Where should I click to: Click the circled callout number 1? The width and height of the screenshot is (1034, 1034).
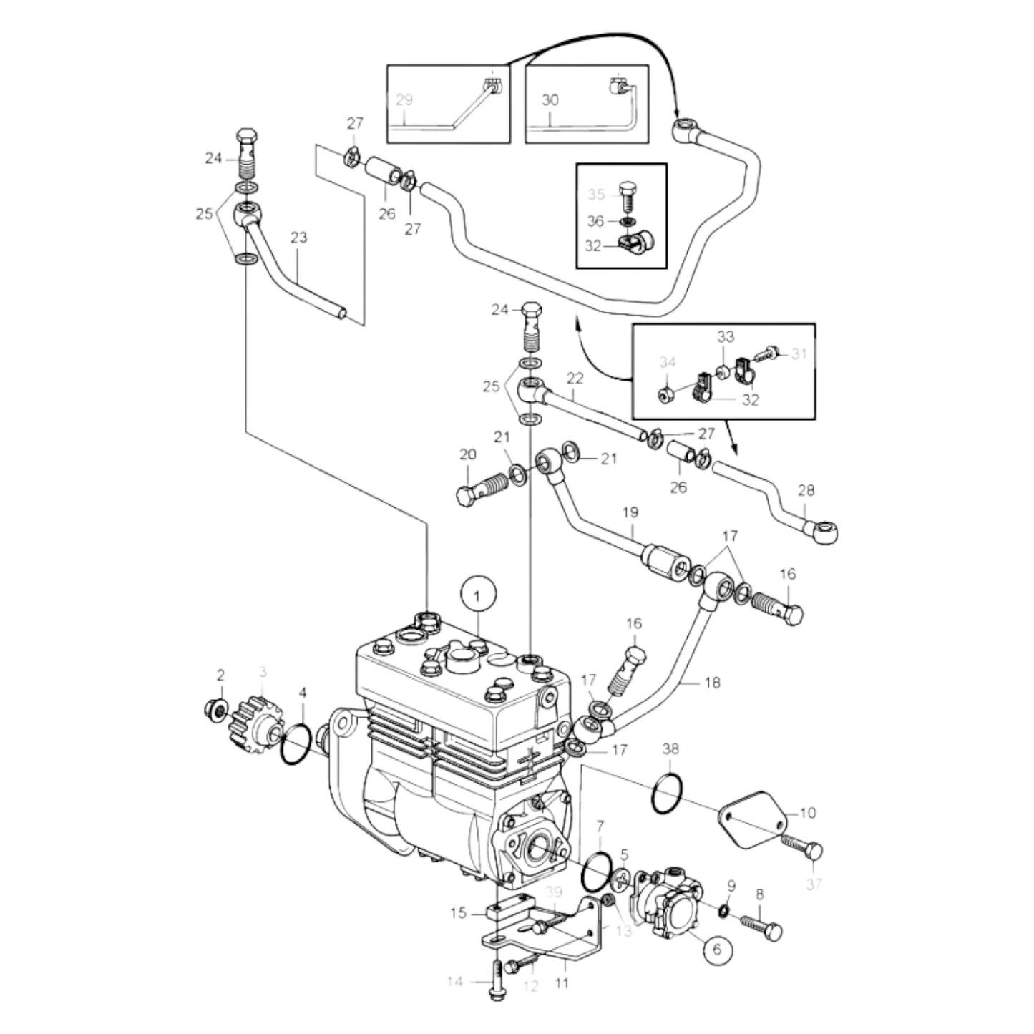(x=479, y=595)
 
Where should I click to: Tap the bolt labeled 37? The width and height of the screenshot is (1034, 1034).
(x=802, y=849)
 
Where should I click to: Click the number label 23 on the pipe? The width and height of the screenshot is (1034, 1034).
(x=298, y=237)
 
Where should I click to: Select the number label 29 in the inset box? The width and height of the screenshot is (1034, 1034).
(x=404, y=100)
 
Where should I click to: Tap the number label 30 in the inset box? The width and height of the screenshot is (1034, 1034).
(x=550, y=100)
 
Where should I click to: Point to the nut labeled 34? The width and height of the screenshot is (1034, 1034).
(x=665, y=393)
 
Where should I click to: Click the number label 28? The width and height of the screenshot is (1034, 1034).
(x=806, y=490)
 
